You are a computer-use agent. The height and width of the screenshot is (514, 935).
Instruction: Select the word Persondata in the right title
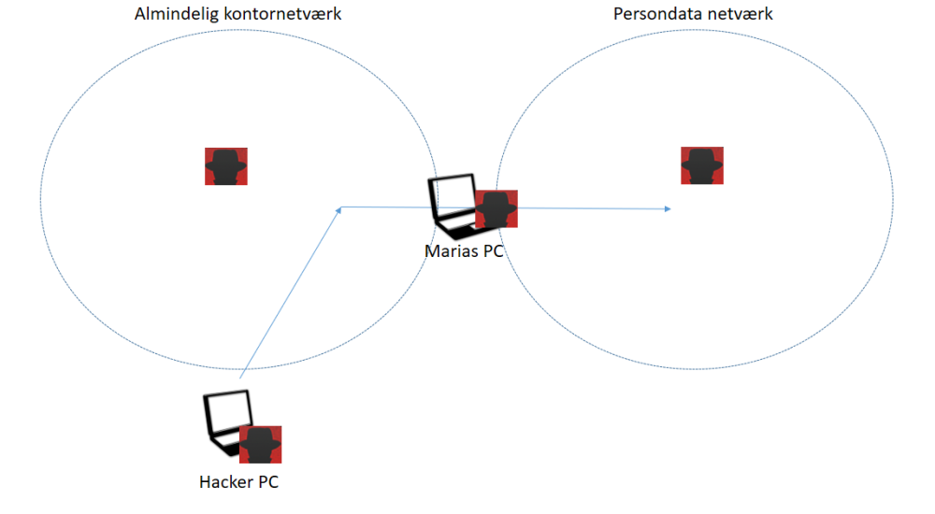[651, 15]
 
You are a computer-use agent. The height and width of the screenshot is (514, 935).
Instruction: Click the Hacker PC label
[238, 482]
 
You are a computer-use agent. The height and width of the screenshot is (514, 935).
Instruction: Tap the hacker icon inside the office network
[225, 166]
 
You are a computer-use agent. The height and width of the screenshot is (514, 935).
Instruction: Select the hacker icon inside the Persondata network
[702, 165]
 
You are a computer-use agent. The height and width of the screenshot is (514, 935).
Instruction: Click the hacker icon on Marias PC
[496, 208]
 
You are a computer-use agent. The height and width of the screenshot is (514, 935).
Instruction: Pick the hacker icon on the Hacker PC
[260, 445]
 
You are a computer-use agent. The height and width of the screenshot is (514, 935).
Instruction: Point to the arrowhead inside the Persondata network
[668, 208]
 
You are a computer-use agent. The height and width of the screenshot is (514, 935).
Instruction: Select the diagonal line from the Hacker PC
[290, 293]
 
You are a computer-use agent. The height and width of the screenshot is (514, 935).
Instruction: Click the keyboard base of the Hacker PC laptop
[223, 446]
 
